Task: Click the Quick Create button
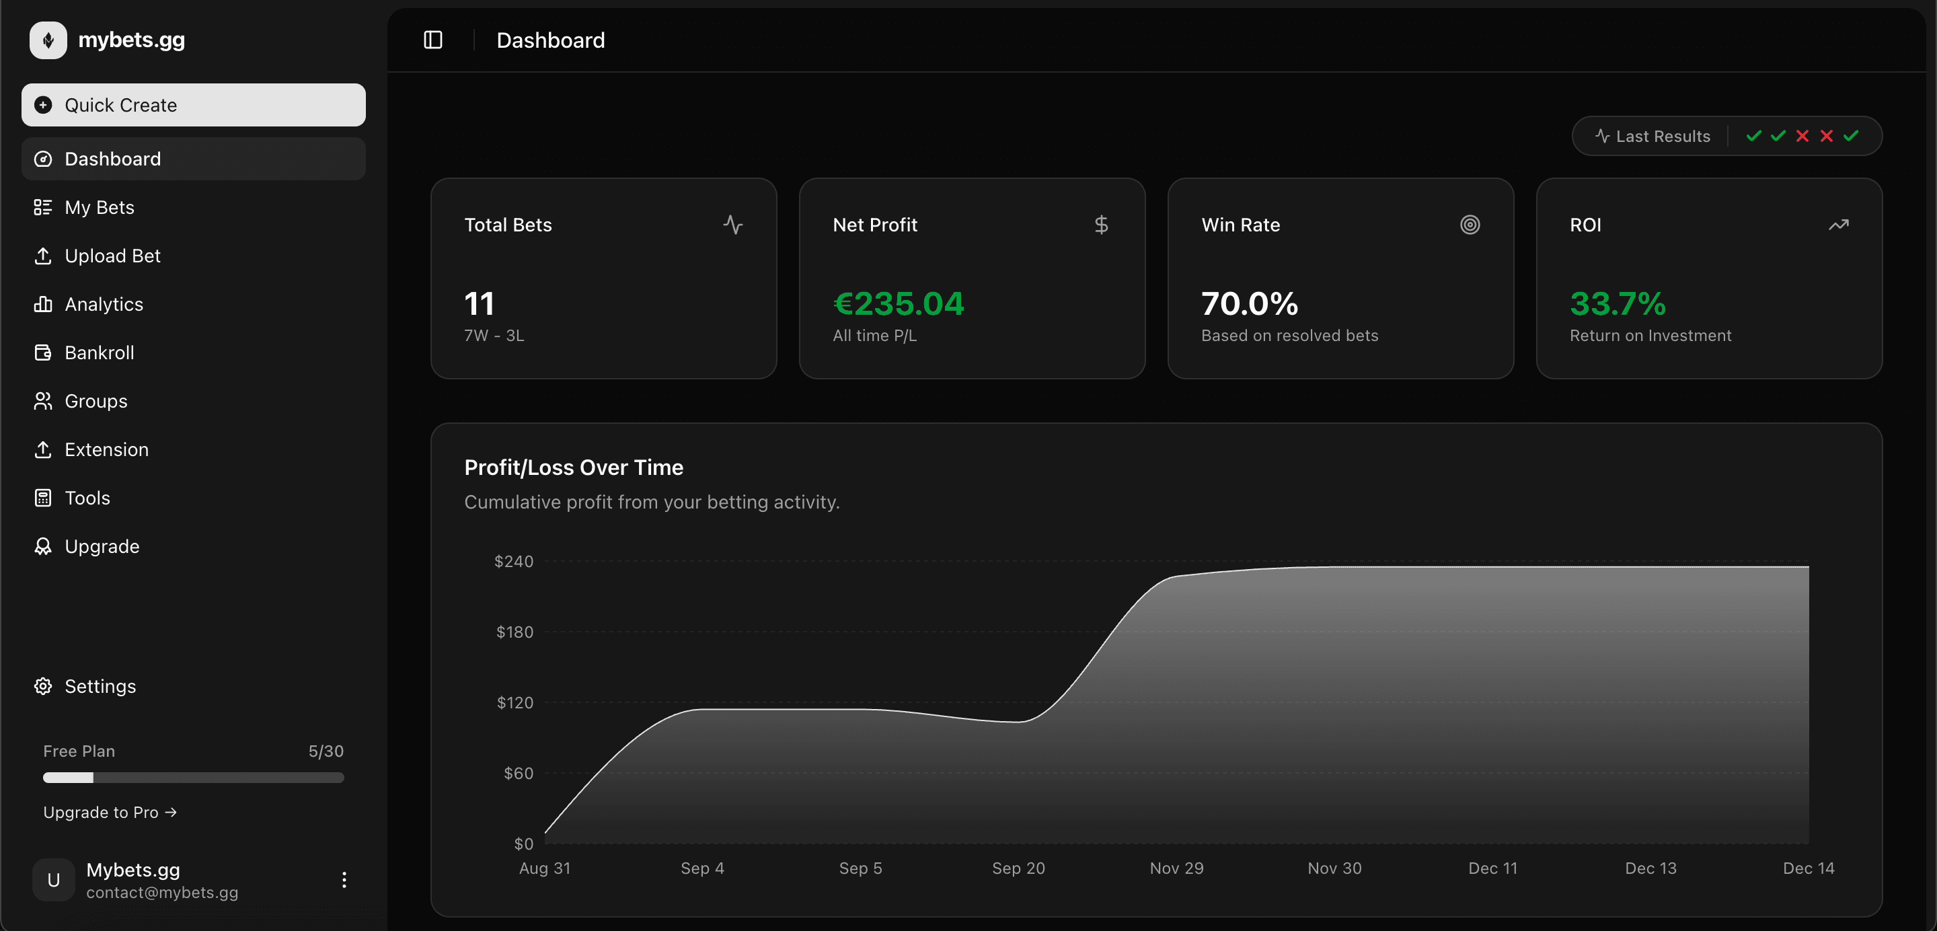193,106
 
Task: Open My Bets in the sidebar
100,208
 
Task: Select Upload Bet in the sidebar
112,256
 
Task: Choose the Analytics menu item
104,305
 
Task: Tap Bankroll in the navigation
100,352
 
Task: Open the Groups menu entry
96,402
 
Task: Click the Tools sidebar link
87,498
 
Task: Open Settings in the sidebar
100,687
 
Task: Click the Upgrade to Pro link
110,812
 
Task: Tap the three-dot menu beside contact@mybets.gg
344,880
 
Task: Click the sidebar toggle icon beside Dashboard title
433,40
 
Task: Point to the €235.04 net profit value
898,304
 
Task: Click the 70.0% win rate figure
1249,304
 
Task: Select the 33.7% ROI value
1618,304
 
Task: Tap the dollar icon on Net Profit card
1101,225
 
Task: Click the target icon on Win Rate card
1470,225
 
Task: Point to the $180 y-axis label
515,632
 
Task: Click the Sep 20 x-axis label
1018,868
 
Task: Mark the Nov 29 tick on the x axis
1176,868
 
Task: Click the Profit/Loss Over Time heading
574,468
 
